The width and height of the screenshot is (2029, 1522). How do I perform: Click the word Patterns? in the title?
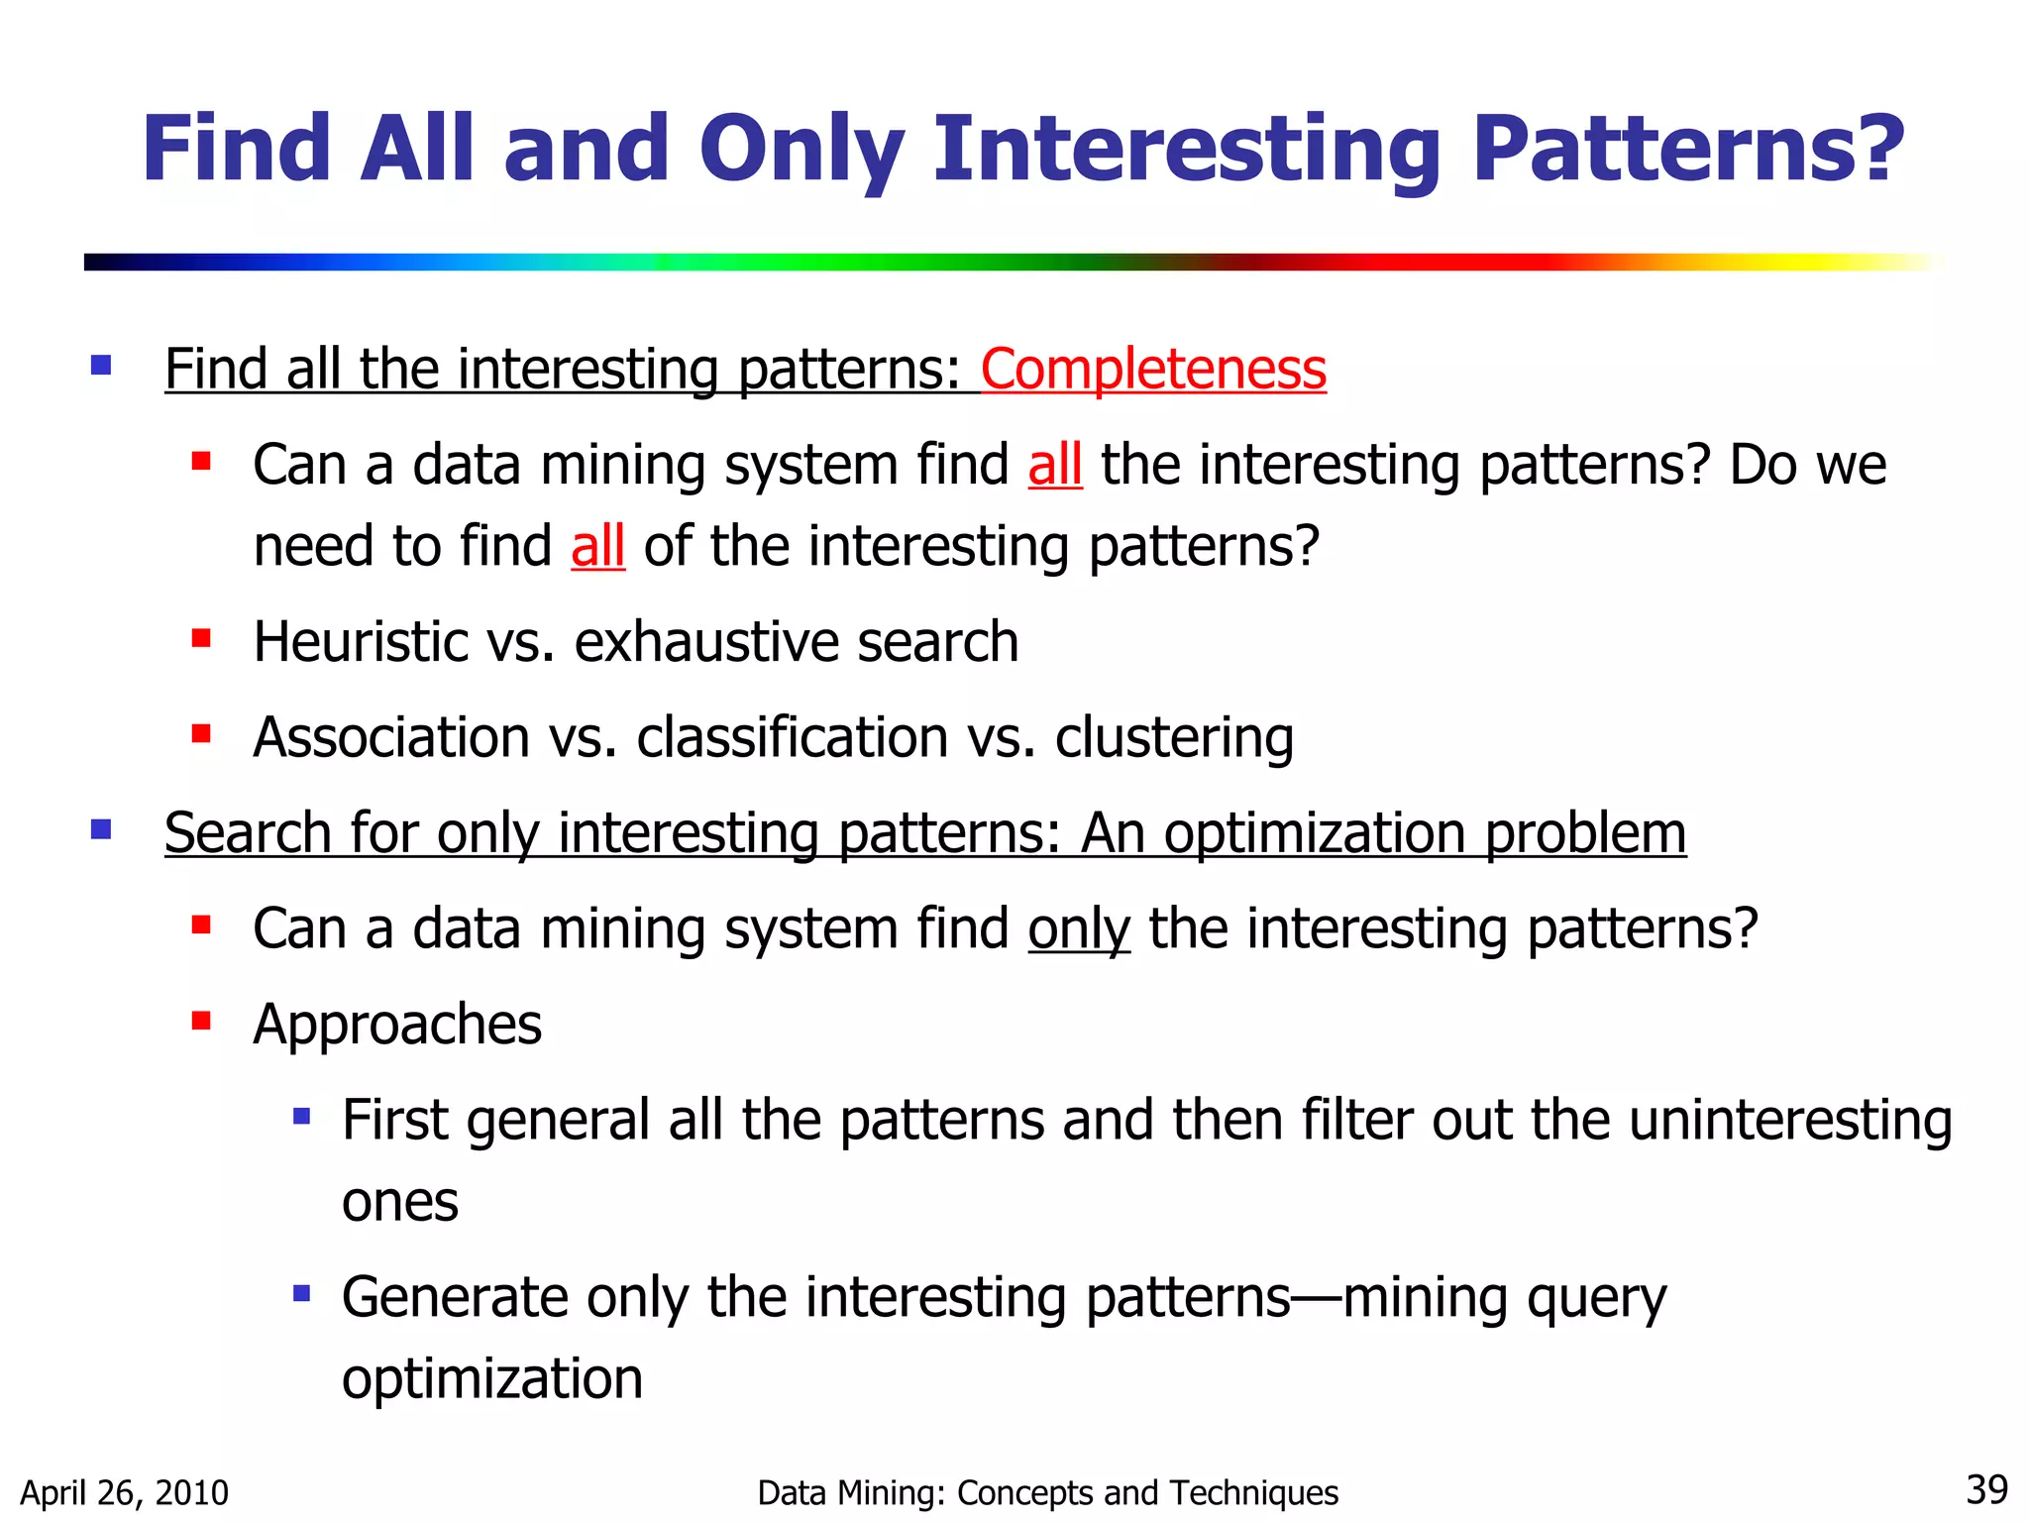(x=1687, y=151)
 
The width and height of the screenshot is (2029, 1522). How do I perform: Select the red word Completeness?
(x=1153, y=370)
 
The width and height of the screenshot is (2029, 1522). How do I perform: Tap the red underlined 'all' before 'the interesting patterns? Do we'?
(x=1054, y=465)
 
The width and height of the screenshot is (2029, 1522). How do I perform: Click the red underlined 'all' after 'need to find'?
(x=597, y=546)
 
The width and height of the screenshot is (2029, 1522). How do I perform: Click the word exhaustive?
(x=705, y=642)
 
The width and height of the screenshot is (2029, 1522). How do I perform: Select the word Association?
(x=391, y=738)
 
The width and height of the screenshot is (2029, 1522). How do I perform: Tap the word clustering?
(x=1174, y=738)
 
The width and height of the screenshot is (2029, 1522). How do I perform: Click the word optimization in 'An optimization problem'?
(x=1314, y=833)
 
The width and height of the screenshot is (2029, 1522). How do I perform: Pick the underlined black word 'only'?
(x=1078, y=929)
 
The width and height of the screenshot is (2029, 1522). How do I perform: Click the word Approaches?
(x=397, y=1025)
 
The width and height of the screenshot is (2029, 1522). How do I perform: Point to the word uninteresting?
(x=1789, y=1121)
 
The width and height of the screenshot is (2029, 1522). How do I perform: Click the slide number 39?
(x=1985, y=1489)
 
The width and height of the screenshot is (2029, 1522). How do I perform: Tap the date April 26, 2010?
(x=125, y=1492)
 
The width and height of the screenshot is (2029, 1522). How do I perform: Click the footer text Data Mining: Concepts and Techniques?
(x=1047, y=1492)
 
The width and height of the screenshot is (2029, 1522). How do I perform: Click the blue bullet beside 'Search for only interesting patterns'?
(x=101, y=828)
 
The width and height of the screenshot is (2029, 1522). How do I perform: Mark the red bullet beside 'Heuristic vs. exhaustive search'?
(x=201, y=637)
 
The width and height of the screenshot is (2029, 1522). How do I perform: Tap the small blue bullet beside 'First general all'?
(x=302, y=1117)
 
